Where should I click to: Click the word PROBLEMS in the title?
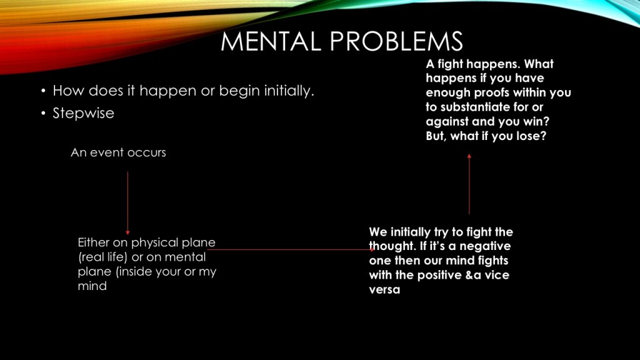(x=396, y=41)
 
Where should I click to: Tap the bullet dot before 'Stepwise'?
(x=43, y=113)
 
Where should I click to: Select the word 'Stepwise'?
(x=83, y=113)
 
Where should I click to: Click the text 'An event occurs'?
(x=118, y=152)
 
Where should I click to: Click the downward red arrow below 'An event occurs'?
(x=127, y=203)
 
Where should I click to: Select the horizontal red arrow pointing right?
(x=291, y=249)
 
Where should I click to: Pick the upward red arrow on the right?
(x=469, y=184)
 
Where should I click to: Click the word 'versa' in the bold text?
(x=384, y=290)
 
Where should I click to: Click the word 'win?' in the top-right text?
(x=536, y=122)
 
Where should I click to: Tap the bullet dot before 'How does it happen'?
(x=43, y=91)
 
